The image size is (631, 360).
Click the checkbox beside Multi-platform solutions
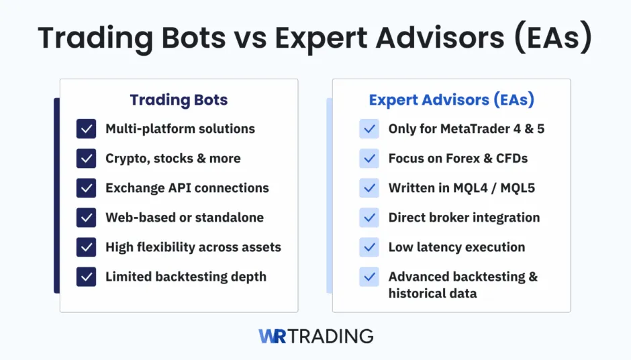[x=86, y=129]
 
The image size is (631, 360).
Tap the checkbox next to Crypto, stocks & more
[x=86, y=159]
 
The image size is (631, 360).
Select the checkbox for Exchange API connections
[x=86, y=188]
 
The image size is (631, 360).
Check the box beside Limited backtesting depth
[x=86, y=277]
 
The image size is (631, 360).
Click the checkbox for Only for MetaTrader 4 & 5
[x=369, y=129]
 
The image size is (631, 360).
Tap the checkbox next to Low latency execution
[x=369, y=247]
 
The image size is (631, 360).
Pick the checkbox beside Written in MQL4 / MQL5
[x=369, y=188]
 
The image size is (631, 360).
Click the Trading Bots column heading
[x=179, y=100]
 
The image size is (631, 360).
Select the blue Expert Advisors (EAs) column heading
[x=451, y=100]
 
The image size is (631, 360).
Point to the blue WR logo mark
[x=273, y=336]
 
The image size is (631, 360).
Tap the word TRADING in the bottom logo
[x=331, y=336]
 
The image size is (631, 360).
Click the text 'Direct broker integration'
[x=464, y=218]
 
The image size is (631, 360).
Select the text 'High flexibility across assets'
[x=193, y=247]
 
